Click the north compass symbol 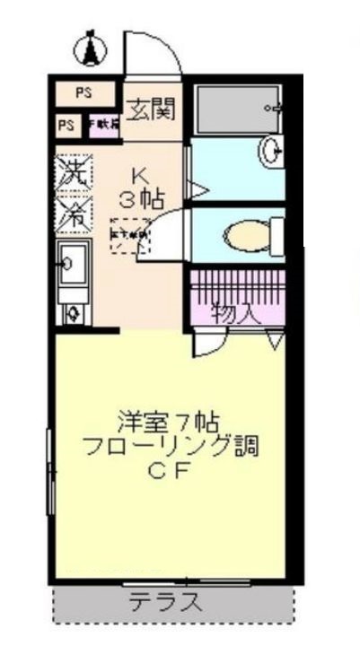point(90,50)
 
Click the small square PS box point(67,124)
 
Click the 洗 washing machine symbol point(75,172)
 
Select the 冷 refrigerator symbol point(75,213)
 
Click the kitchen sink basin point(70,262)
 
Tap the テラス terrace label point(164,602)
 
